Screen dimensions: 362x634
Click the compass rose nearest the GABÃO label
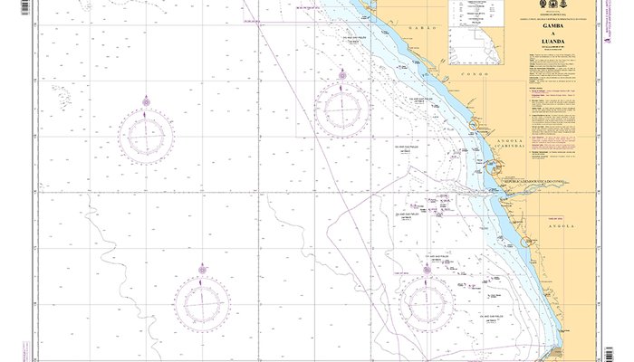click(x=341, y=107)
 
